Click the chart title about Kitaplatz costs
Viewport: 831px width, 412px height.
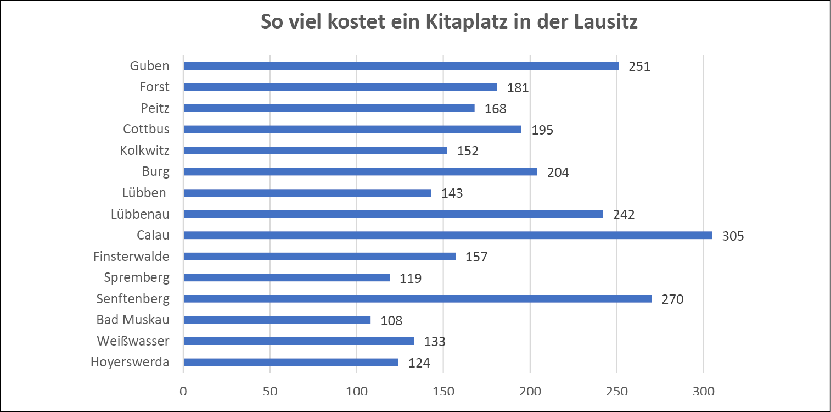click(448, 23)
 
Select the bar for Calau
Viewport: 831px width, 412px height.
click(447, 235)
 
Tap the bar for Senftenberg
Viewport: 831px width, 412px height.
click(417, 299)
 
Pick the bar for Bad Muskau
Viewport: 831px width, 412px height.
click(277, 320)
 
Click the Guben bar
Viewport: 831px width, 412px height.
click(401, 66)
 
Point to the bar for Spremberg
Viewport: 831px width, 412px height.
click(287, 277)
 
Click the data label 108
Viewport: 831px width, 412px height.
click(391, 321)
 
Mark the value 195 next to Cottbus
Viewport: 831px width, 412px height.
click(542, 130)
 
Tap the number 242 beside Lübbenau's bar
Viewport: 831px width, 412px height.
click(624, 215)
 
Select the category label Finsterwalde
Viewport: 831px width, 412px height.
click(131, 257)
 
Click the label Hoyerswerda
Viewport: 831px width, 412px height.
click(130, 362)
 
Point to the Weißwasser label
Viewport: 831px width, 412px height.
click(133, 341)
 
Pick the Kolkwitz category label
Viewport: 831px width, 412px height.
click(144, 151)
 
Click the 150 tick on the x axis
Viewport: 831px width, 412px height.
click(443, 392)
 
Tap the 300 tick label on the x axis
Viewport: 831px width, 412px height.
click(703, 392)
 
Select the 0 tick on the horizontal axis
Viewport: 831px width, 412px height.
click(183, 392)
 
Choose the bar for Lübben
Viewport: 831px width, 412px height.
click(307, 193)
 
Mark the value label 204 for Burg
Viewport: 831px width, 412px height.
click(558, 172)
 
